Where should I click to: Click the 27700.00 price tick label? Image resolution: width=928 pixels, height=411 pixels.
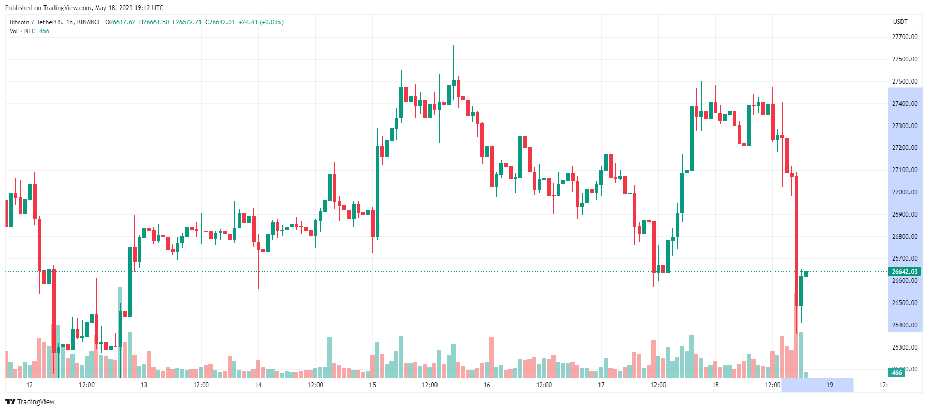[905, 37]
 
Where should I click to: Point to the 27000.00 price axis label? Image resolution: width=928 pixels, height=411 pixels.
[905, 192]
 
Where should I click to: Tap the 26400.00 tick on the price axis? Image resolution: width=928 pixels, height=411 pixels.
[905, 325]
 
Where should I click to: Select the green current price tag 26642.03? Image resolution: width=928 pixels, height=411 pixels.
[905, 272]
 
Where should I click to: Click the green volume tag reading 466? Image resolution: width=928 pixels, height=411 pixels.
[897, 373]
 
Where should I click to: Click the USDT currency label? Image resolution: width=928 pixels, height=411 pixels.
[900, 22]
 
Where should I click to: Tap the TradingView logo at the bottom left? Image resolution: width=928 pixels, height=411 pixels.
[30, 401]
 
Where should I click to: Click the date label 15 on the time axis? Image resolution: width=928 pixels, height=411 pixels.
[372, 385]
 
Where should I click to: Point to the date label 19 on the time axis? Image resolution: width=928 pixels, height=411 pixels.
[830, 385]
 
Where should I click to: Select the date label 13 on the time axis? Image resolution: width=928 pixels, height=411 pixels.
[144, 385]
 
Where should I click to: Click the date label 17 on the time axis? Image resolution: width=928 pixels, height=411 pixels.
[601, 385]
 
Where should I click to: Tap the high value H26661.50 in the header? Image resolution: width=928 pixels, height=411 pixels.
[154, 22]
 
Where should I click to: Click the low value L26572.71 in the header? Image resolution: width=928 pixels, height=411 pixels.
[187, 22]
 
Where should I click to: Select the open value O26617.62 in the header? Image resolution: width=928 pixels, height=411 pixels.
[120, 22]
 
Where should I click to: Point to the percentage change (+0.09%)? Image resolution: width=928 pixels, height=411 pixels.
[271, 22]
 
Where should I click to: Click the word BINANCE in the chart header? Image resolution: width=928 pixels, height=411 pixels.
[89, 22]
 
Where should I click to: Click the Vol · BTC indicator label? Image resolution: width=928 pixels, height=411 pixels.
[22, 31]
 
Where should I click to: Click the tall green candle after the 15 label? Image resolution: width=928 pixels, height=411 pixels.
[378, 191]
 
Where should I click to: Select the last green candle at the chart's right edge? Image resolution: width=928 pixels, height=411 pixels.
[806, 274]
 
